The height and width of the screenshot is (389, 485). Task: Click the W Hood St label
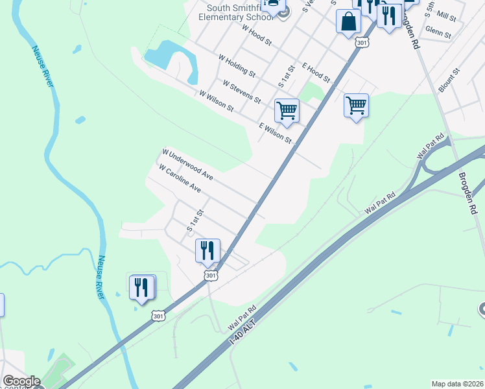pos(255,36)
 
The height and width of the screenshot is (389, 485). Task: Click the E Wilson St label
pos(275,133)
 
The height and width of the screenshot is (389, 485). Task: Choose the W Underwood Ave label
pos(187,165)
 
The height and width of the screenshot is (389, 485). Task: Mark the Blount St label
pos(449,80)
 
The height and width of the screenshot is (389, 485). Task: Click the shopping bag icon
pos(349,21)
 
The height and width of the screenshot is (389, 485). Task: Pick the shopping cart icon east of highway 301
pos(356,104)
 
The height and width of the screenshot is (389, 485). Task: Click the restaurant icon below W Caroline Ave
pos(207,250)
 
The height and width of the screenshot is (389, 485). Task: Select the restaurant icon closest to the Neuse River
pos(142,287)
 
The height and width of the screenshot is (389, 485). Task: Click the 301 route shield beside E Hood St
pos(362,43)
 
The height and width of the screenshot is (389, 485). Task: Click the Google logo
pos(21,382)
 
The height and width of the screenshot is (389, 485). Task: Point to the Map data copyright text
pos(458,384)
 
